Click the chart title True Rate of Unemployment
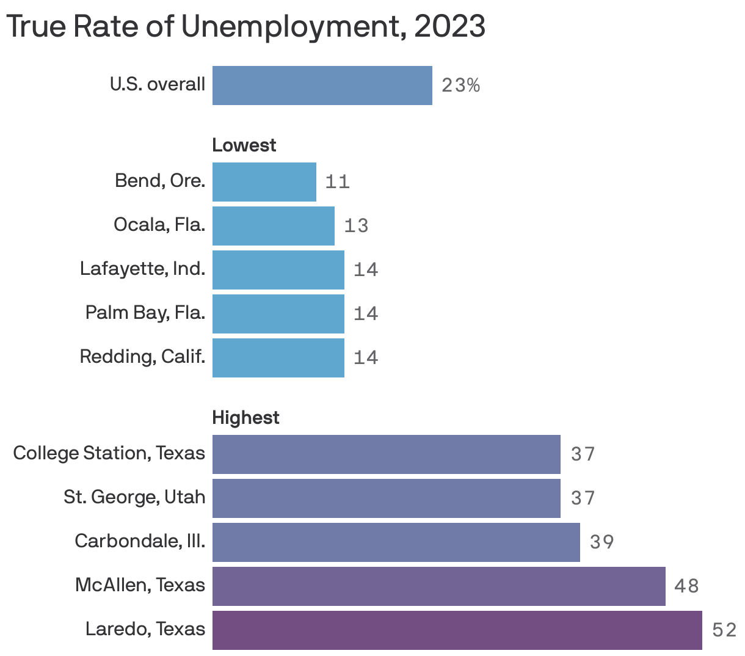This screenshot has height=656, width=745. point(245,27)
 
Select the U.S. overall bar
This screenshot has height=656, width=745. point(322,86)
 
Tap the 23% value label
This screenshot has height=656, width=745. point(460,86)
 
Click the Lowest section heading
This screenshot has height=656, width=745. point(244,145)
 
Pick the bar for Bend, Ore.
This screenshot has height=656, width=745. point(264,182)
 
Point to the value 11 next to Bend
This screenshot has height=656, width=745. point(337,182)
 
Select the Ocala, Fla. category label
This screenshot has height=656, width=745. point(159,225)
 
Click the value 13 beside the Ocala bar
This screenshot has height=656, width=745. point(356,226)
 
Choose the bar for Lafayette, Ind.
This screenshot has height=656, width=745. point(278,270)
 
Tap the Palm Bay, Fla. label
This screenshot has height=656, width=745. point(145,313)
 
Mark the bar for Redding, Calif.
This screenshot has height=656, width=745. point(278,358)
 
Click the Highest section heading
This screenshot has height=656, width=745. point(245,418)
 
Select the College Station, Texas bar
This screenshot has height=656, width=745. point(386,454)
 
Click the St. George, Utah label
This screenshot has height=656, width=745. point(134,497)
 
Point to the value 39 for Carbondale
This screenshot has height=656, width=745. point(601,542)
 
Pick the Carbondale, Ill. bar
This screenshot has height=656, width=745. point(396,542)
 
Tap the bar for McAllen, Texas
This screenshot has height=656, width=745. point(438,586)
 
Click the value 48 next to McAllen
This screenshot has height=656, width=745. point(686,586)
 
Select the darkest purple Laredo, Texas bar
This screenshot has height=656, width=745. point(457,630)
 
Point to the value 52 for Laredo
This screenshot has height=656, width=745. point(724,630)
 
